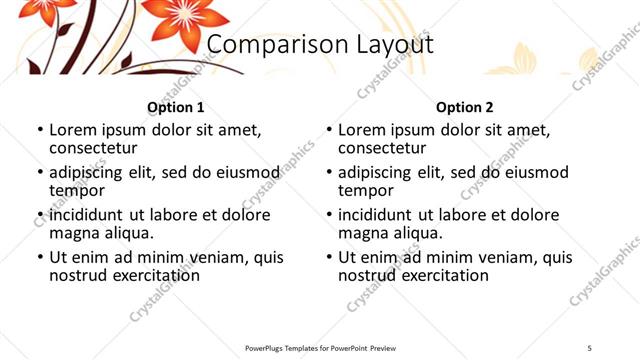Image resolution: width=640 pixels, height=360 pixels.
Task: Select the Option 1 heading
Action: coord(175,107)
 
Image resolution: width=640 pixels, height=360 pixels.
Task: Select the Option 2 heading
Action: coord(464,107)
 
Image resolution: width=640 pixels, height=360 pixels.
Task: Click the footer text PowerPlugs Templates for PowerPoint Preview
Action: coord(320,347)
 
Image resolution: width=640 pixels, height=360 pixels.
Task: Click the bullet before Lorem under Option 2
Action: coord(328,130)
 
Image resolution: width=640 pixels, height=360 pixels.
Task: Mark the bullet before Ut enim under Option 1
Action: coord(40,257)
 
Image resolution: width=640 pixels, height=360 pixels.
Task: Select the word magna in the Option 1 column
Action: coord(75,233)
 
